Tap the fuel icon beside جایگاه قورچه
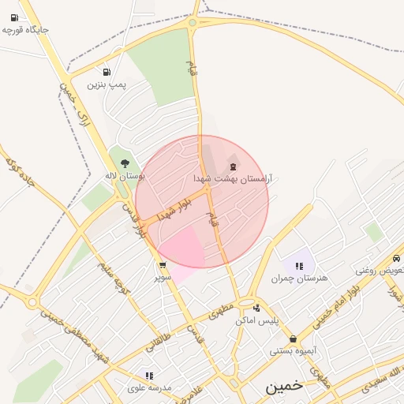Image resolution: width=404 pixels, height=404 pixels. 14,17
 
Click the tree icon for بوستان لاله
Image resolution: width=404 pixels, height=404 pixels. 125,164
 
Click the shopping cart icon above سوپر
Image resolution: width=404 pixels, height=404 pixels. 163,265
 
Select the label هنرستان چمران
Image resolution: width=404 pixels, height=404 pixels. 299,279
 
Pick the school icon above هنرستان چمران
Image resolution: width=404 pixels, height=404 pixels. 299,266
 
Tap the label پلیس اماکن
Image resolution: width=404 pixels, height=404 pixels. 256,320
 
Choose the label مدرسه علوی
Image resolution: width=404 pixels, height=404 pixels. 149,388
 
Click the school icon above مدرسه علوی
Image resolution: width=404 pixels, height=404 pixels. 149,376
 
